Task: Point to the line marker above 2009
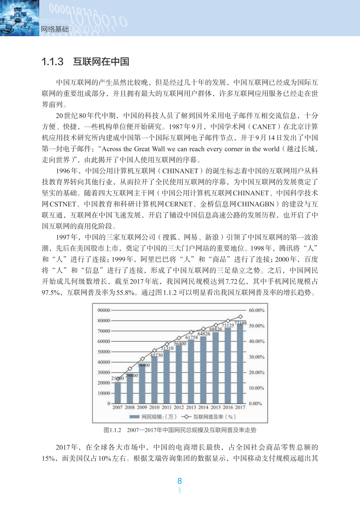(142, 359)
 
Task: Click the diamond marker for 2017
(240, 317)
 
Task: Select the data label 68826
(215, 329)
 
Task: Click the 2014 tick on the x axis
(203, 408)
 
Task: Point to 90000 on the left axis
(103, 310)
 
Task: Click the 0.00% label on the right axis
(256, 404)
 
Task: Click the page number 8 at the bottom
(180, 481)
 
